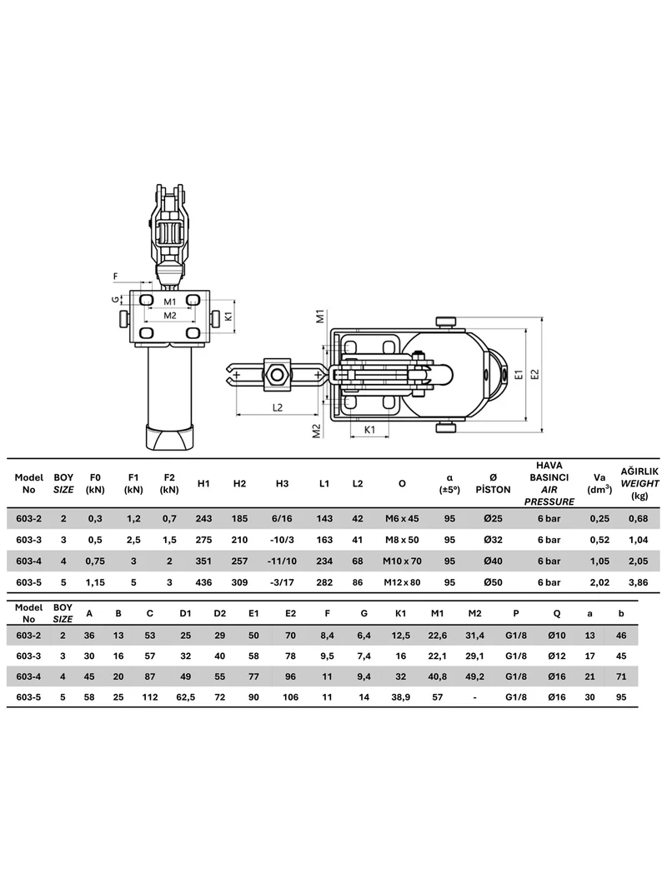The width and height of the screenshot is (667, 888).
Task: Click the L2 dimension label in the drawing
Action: point(277,407)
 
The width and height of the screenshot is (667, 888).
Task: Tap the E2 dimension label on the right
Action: point(535,374)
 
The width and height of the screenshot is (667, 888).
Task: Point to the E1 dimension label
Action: point(518,374)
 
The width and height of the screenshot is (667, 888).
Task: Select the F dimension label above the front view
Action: point(116,277)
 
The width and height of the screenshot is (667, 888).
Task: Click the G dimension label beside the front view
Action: point(115,298)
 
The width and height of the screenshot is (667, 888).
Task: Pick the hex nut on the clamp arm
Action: point(277,374)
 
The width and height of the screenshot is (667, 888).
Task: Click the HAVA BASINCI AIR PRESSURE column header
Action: point(549,484)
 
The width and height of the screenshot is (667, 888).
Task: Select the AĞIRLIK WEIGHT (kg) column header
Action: point(639,484)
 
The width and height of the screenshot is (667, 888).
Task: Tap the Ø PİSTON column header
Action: point(493,484)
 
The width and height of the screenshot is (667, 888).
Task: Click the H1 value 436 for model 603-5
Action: point(203,582)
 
